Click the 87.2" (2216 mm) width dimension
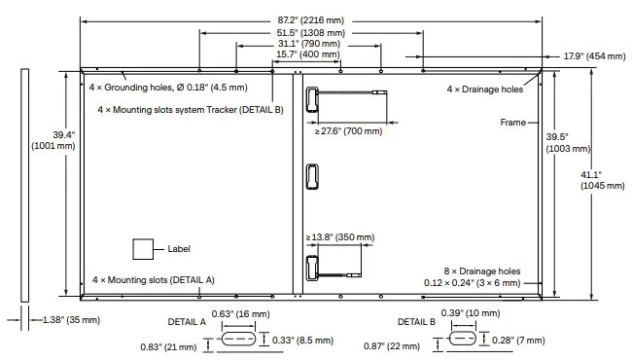(x=311, y=20)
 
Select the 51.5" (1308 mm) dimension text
(x=311, y=33)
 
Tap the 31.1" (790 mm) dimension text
(x=309, y=44)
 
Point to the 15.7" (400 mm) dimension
(x=308, y=54)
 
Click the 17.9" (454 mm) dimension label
(x=594, y=56)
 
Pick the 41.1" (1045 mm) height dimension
(x=603, y=180)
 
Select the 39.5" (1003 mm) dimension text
(x=568, y=143)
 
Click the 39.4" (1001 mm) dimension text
(x=53, y=140)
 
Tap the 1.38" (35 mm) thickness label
(x=71, y=320)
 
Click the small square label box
(x=143, y=249)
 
